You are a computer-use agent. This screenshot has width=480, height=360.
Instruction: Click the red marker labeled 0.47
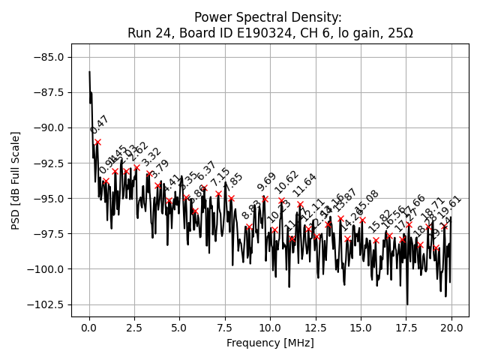(x=97, y=142)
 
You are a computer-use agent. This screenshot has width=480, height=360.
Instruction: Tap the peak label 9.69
(x=267, y=181)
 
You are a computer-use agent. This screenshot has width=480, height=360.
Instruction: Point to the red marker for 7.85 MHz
(x=231, y=198)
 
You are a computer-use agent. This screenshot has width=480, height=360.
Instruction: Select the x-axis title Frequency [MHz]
(x=270, y=343)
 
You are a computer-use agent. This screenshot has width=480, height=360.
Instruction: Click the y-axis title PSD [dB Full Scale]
(x=15, y=180)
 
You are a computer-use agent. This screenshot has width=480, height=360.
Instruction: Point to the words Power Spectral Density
(x=268, y=17)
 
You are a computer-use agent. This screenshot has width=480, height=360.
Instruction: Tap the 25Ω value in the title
(x=398, y=33)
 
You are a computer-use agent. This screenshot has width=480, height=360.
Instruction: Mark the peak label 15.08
(x=367, y=202)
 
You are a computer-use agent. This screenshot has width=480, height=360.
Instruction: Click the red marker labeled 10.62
(x=281, y=200)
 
